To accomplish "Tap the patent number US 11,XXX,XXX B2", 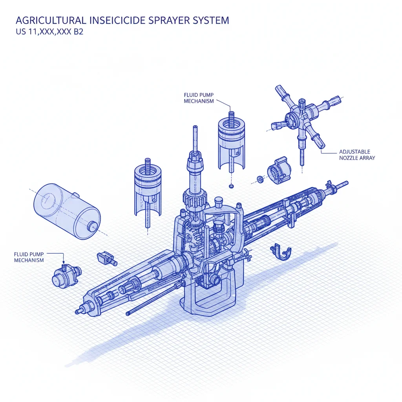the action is [49, 31].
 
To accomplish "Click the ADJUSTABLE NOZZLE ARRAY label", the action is [357, 155].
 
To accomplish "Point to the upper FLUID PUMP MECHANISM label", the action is [199, 98].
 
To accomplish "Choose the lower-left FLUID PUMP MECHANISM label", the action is [29, 257].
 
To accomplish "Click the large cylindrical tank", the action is [67, 211].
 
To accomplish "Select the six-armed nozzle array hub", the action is [303, 121].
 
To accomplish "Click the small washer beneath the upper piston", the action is [231, 186].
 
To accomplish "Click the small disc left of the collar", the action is [260, 179].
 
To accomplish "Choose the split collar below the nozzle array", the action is [279, 170].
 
